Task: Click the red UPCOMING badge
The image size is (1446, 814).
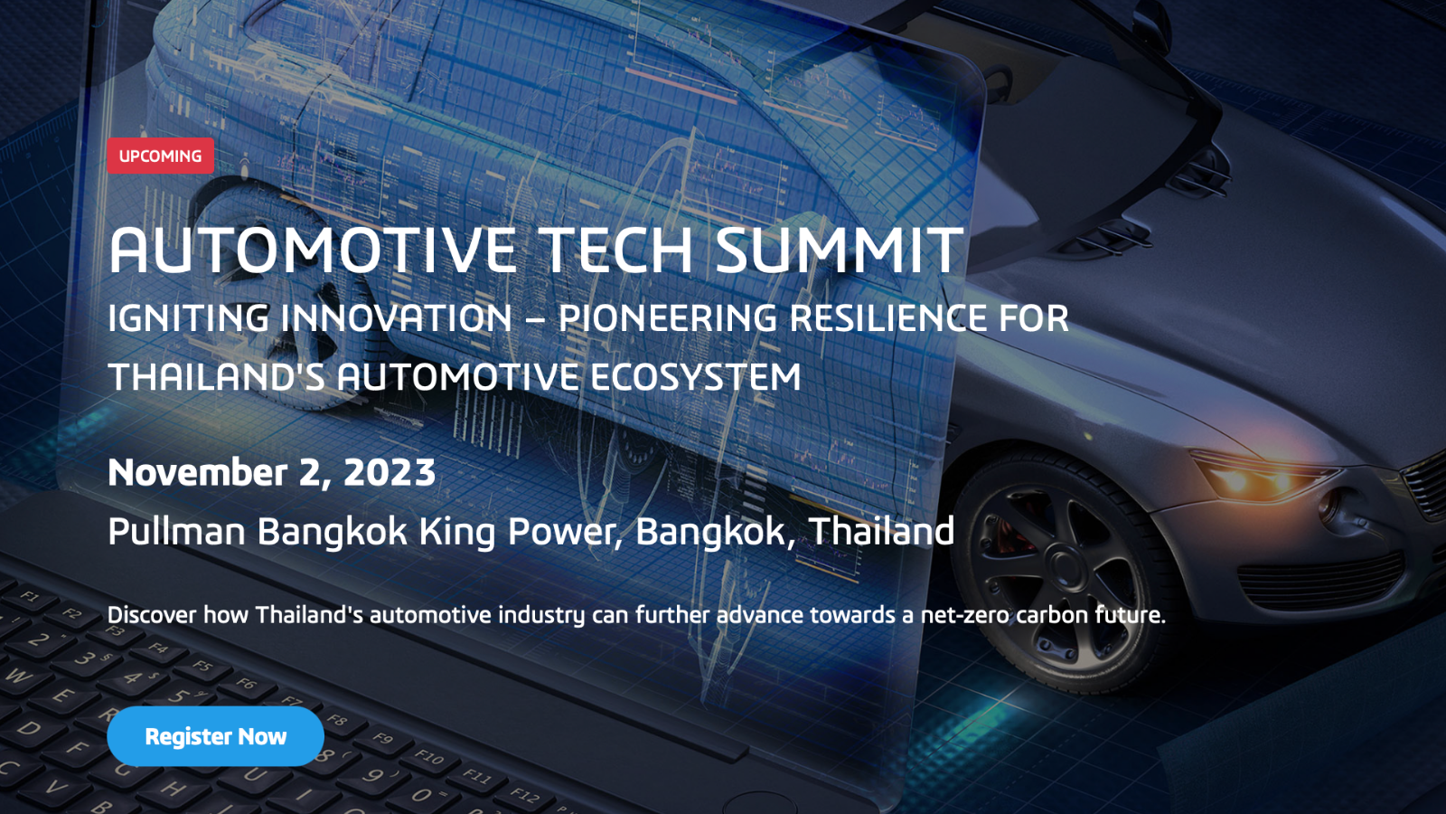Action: click(x=160, y=156)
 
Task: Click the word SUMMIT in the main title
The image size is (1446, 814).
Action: click(x=840, y=250)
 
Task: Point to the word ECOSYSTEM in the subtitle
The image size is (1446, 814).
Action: click(x=695, y=377)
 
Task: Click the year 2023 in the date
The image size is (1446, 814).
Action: click(x=390, y=472)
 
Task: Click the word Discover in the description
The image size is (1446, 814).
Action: click(x=152, y=614)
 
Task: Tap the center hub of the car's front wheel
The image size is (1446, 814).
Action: click(x=1066, y=566)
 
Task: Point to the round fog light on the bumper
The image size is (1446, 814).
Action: click(x=1329, y=506)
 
